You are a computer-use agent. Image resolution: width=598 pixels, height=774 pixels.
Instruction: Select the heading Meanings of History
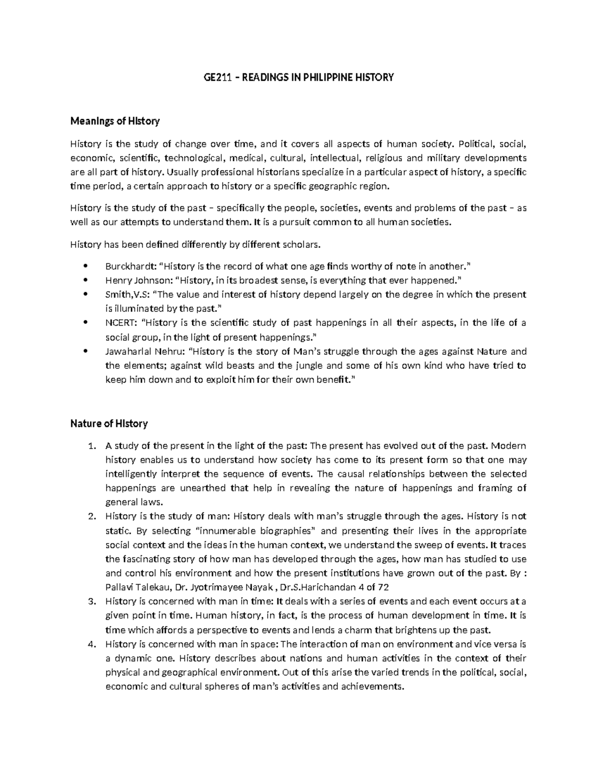point(115,121)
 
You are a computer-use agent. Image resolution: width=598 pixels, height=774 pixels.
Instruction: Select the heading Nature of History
point(109,424)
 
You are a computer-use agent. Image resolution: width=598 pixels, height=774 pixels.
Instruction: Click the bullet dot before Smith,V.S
point(87,295)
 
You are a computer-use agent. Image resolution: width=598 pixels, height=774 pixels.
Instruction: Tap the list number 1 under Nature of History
point(91,446)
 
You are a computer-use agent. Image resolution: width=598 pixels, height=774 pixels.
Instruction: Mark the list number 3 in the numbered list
point(91,602)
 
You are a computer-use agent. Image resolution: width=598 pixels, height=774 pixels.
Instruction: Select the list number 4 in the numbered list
point(91,644)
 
